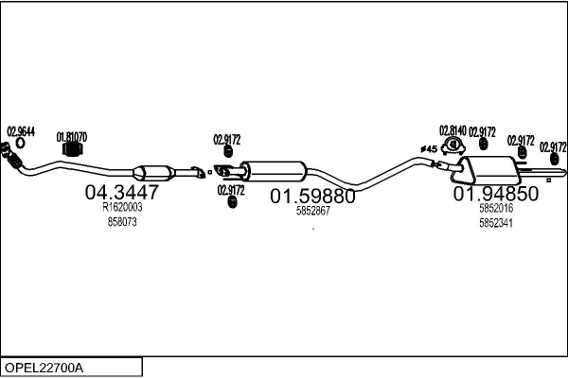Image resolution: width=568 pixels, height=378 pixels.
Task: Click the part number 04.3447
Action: [x=122, y=192]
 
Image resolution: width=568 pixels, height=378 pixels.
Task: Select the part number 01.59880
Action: [x=312, y=197]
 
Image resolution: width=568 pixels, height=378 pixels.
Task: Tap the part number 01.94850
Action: [x=496, y=194]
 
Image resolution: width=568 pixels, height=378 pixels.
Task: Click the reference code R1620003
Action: [x=122, y=207]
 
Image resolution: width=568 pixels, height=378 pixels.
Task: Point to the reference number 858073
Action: [x=122, y=222]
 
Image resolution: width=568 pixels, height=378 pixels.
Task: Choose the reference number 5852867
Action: [x=313, y=211]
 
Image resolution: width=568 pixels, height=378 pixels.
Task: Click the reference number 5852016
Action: [x=496, y=208]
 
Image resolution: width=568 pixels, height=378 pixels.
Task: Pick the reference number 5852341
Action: [x=496, y=223]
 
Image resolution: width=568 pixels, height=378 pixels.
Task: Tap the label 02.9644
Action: [x=21, y=132]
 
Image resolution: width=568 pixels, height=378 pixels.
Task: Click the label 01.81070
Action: [x=72, y=137]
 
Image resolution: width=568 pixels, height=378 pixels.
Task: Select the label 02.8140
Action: [x=453, y=130]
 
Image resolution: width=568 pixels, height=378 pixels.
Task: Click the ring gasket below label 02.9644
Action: [x=20, y=144]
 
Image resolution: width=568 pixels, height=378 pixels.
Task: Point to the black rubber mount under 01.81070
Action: [x=73, y=149]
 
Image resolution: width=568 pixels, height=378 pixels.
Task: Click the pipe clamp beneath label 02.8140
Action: [x=453, y=145]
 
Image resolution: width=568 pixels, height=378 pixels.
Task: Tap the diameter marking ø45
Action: [x=429, y=149]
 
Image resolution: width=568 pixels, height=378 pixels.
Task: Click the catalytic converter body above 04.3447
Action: [x=152, y=173]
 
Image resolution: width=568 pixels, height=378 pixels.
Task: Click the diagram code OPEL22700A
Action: [x=44, y=368]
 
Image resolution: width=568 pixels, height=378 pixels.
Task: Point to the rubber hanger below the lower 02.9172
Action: [x=232, y=202]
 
